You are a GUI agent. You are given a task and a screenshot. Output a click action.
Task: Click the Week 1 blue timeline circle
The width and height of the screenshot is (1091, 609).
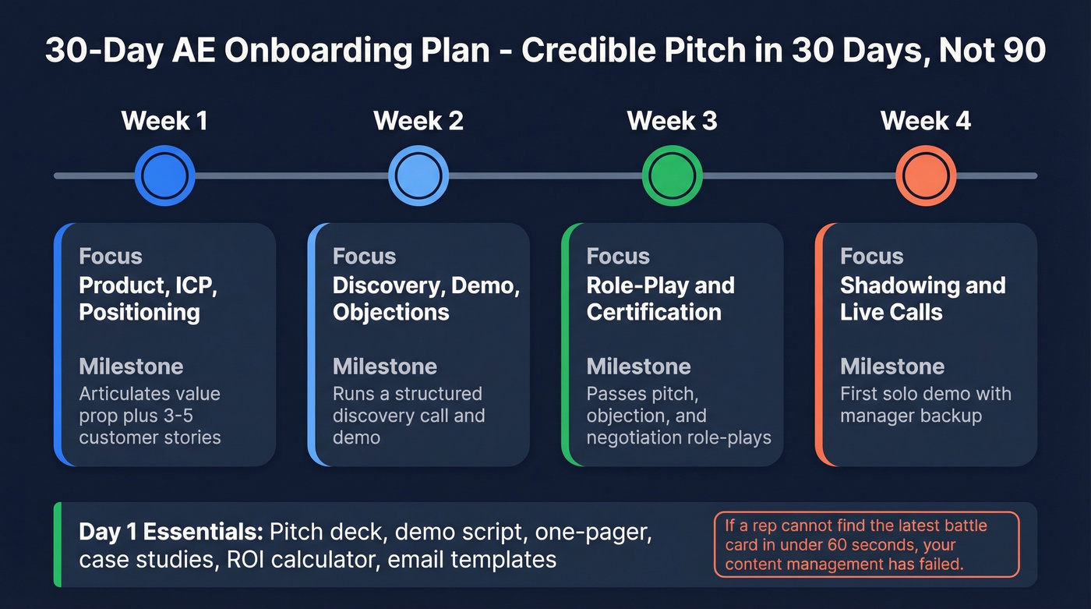pos(164,175)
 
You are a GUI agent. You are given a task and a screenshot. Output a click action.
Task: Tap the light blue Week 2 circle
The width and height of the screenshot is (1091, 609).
pos(418,175)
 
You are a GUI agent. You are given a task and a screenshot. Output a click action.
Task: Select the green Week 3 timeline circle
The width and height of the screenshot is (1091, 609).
pos(672,175)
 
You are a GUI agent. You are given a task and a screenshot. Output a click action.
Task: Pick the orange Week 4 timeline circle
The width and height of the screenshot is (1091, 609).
pos(926,175)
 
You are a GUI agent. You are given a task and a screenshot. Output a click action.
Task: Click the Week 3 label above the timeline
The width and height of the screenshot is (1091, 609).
pos(672,121)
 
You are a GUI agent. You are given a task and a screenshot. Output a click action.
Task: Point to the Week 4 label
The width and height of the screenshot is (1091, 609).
pos(926,121)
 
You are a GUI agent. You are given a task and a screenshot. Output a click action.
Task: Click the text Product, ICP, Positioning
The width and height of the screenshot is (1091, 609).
pos(148,299)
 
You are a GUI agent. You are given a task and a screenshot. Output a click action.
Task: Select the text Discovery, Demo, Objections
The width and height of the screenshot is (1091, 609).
pos(425,299)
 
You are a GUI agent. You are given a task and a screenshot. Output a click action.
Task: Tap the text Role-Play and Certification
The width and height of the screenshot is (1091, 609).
pos(660,299)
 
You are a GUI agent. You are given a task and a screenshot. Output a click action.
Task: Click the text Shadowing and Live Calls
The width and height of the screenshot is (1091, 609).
pos(922,299)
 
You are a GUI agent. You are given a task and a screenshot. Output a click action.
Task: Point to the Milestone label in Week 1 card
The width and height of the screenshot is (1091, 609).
pos(131,366)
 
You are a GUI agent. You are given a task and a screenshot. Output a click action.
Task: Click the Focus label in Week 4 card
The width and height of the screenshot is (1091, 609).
pos(871,257)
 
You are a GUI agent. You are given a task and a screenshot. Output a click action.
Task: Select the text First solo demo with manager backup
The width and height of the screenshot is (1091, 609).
pos(925,404)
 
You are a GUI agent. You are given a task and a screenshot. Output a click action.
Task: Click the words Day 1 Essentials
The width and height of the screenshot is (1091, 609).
pos(170,532)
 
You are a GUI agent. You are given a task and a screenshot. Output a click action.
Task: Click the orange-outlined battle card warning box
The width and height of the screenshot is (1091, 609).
pos(866,544)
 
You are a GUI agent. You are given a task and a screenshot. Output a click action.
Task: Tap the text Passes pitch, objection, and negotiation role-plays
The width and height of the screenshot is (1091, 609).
pos(678,415)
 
